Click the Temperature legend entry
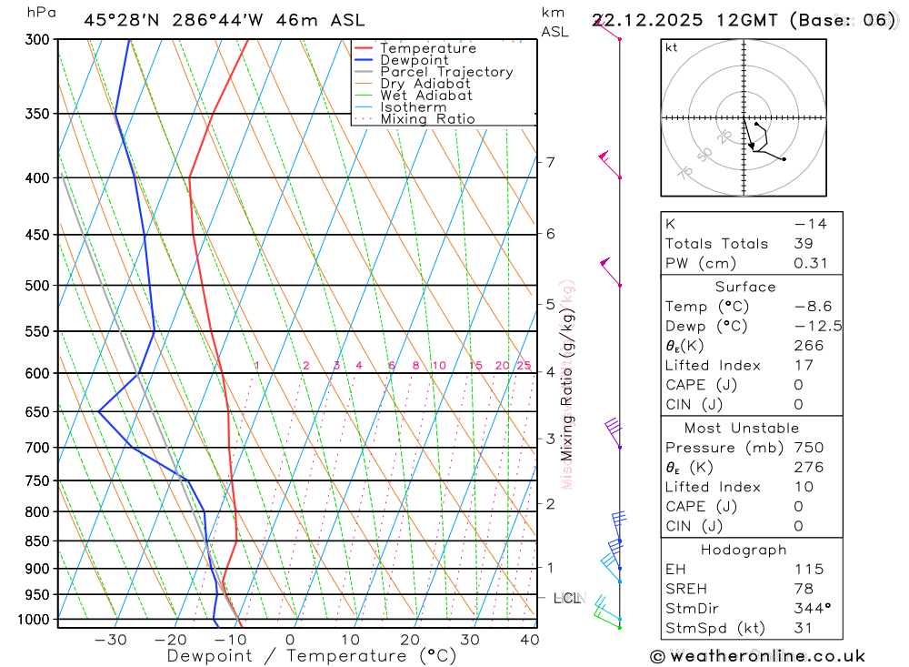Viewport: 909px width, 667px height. (x=427, y=48)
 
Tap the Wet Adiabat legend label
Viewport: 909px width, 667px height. (x=425, y=96)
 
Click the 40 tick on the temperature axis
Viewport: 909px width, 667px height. (x=529, y=640)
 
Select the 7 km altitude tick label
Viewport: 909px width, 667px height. (x=550, y=163)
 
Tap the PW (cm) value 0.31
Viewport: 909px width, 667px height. (x=811, y=263)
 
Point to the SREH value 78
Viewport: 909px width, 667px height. (x=802, y=589)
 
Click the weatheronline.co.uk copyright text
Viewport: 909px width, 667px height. (x=758, y=656)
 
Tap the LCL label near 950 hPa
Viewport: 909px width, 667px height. (x=567, y=599)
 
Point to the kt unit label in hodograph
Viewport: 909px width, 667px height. (x=672, y=48)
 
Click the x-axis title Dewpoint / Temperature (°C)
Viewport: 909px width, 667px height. (x=312, y=655)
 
